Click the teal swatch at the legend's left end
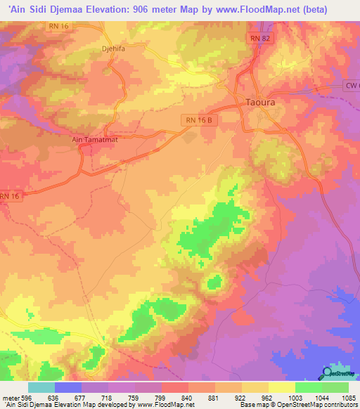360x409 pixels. click(41, 387)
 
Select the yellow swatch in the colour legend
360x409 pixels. click(281, 387)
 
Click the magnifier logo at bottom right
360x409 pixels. click(327, 372)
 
